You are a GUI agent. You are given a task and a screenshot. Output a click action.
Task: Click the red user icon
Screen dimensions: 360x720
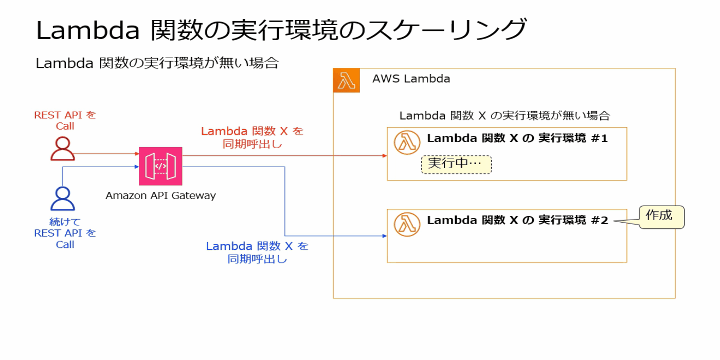click(x=63, y=149)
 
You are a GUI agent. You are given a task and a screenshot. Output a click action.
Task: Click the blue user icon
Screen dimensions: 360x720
click(x=63, y=199)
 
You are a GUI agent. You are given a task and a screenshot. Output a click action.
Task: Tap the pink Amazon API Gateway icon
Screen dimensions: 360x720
click(x=160, y=166)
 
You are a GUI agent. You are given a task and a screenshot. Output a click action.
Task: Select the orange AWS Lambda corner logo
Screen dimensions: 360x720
click(x=346, y=81)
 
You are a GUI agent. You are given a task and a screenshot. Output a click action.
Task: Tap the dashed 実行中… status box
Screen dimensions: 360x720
click(x=456, y=165)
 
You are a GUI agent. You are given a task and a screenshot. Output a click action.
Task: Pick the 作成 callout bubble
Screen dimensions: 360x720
click(x=661, y=217)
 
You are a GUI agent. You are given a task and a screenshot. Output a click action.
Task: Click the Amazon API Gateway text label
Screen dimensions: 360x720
click(x=160, y=196)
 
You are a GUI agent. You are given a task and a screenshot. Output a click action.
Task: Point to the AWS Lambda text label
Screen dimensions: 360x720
click(x=411, y=79)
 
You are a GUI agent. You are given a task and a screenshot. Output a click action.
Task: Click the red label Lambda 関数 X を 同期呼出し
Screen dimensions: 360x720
click(x=252, y=137)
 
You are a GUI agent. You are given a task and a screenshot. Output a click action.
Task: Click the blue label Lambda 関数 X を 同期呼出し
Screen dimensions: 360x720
click(x=257, y=253)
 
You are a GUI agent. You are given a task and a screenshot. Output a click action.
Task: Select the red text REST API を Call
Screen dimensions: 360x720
click(x=65, y=120)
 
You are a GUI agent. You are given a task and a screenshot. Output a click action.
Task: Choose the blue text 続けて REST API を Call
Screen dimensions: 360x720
click(x=65, y=233)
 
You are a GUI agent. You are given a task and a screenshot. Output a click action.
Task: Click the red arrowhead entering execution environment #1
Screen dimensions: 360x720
click(x=384, y=155)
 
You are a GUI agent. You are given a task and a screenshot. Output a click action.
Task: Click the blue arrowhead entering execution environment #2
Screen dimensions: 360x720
click(x=384, y=236)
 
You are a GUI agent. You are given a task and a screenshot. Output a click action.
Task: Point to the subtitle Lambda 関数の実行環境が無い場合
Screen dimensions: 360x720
click(x=157, y=63)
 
